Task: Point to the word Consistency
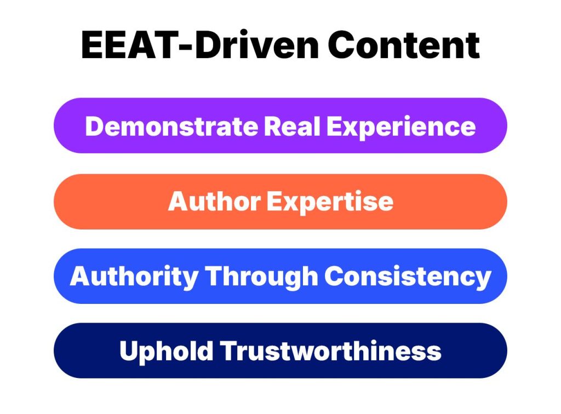point(408,277)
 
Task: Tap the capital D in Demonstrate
point(94,127)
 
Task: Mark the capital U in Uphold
point(128,351)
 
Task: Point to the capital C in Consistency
point(333,277)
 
